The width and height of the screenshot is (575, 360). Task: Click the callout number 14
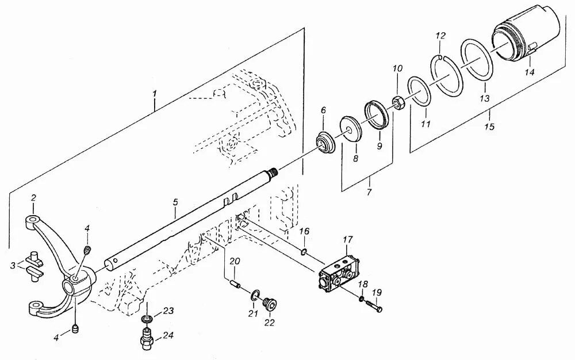click(x=529, y=72)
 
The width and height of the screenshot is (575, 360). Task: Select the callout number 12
click(x=440, y=36)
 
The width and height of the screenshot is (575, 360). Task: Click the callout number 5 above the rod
click(x=175, y=202)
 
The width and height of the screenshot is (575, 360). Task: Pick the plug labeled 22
click(x=268, y=302)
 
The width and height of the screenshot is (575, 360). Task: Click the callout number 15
click(x=490, y=126)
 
